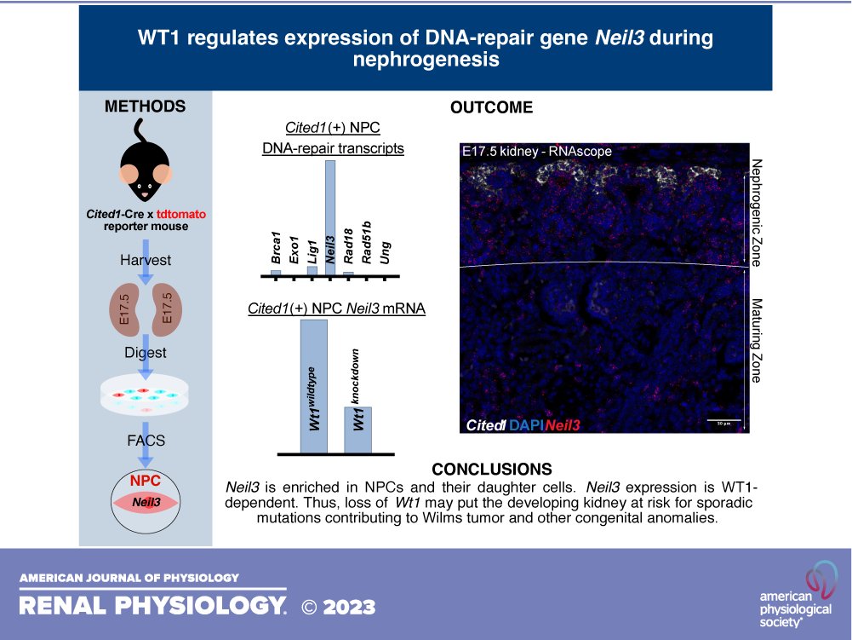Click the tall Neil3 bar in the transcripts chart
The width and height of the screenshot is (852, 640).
[330, 216]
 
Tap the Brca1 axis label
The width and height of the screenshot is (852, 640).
[276, 252]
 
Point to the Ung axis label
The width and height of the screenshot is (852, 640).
[386, 255]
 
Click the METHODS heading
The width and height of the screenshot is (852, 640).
[144, 107]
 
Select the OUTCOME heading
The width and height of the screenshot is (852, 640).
[491, 107]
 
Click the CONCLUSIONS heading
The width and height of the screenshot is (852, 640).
[491, 470]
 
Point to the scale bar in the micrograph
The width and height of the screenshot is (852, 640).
[722, 420]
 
